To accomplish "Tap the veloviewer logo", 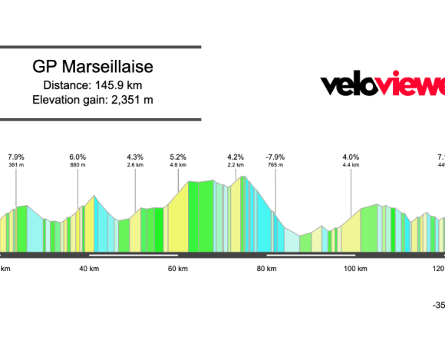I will coord(382,84).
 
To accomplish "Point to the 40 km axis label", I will coord(90,268).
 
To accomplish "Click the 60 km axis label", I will coord(178,268).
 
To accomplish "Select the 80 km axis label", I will coord(266,268).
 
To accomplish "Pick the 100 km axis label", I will coord(354,268).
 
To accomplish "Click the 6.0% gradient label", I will coord(77,157).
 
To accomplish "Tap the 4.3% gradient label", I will coord(135,157).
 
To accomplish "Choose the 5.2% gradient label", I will coord(178,157).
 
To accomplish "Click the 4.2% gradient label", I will coord(236,157).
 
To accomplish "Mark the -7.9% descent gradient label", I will coord(275,157).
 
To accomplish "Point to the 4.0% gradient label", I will coord(351,157).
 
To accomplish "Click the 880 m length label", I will coord(77,165).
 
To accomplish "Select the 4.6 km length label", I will coord(178,165).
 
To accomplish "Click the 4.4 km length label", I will coord(351,165).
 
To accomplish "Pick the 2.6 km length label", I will coord(135,165).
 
